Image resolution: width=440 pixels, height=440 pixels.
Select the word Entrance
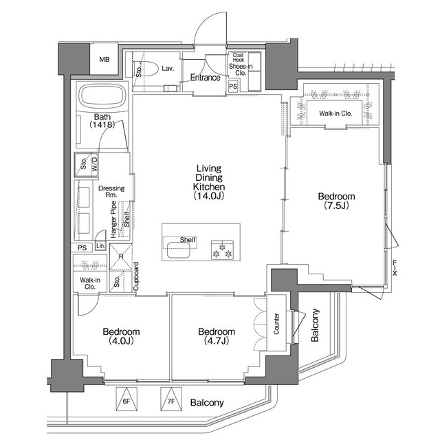[x=206, y=78]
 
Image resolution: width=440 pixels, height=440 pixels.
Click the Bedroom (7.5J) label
[x=336, y=201]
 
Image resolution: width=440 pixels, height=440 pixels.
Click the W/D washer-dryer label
[x=93, y=165]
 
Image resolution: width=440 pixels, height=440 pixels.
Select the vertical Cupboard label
[x=136, y=278]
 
